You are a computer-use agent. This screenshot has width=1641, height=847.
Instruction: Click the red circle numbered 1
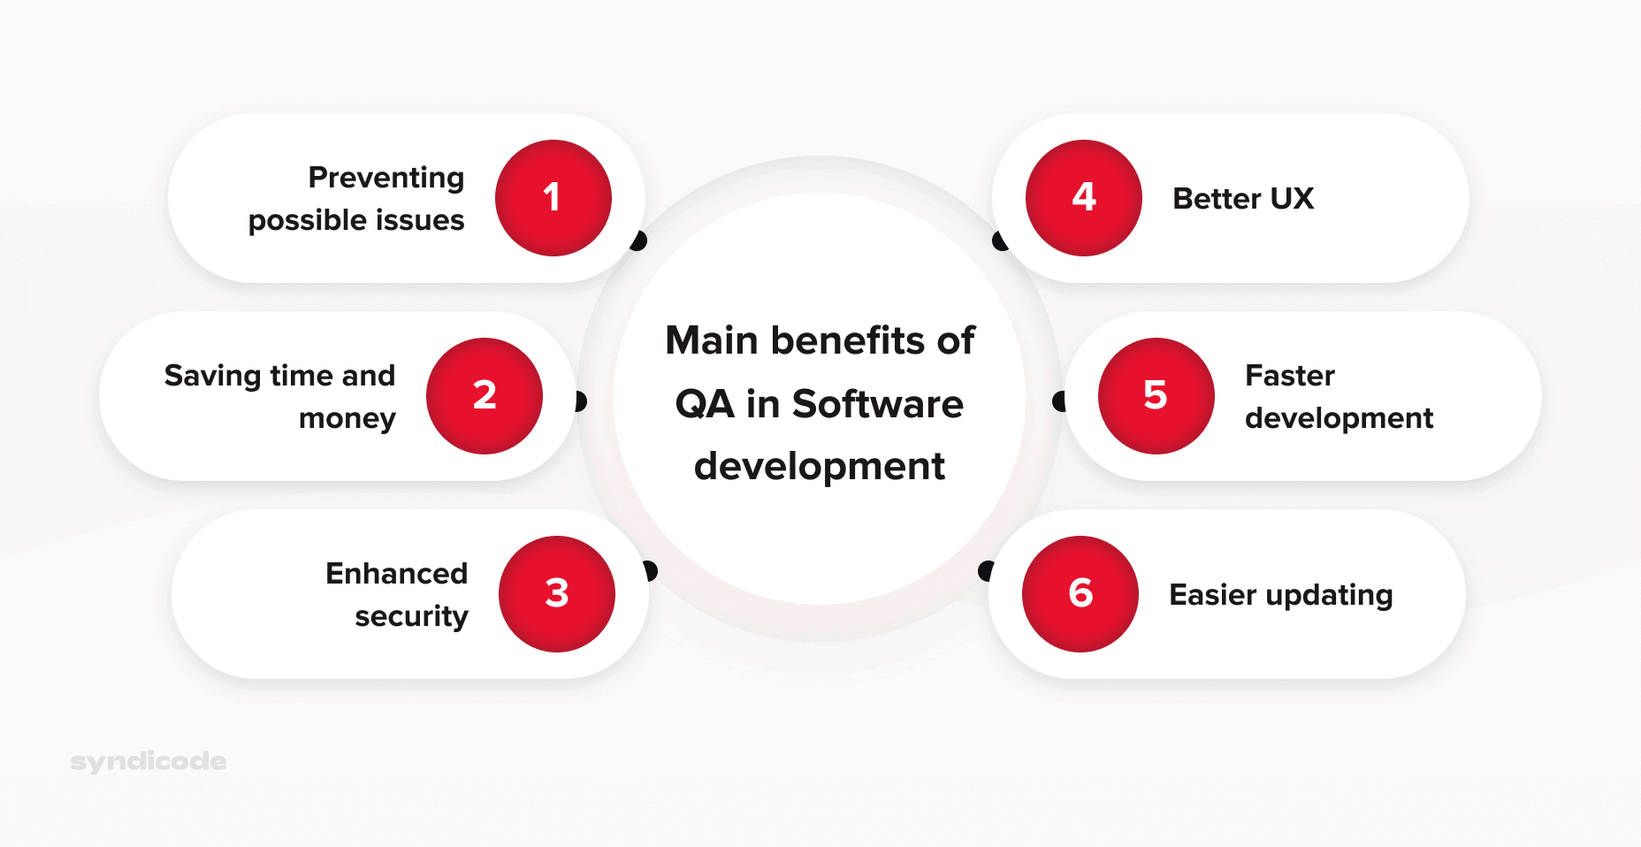pyautogui.click(x=553, y=198)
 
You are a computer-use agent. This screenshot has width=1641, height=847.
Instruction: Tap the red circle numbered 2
pyautogui.click(x=485, y=396)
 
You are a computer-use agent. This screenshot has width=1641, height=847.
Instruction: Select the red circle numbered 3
pyautogui.click(x=557, y=594)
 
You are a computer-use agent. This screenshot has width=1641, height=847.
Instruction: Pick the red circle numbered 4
pyautogui.click(x=1084, y=198)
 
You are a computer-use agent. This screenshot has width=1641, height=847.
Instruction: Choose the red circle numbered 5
pyautogui.click(x=1156, y=396)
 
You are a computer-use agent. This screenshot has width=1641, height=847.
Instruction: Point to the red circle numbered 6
pyautogui.click(x=1080, y=594)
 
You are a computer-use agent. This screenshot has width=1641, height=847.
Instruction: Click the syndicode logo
pyautogui.click(x=149, y=761)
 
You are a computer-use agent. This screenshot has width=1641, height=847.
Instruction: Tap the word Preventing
pyautogui.click(x=386, y=178)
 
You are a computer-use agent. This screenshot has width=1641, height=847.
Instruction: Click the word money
pyautogui.click(x=347, y=418)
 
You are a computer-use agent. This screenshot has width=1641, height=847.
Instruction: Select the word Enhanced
pyautogui.click(x=396, y=574)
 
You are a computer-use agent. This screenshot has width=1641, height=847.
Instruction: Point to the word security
pyautogui.click(x=411, y=616)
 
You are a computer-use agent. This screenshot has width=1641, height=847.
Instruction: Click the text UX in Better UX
pyautogui.click(x=1292, y=199)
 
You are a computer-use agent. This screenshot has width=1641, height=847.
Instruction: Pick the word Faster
pyautogui.click(x=1289, y=376)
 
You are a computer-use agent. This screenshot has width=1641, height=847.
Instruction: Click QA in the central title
pyautogui.click(x=704, y=404)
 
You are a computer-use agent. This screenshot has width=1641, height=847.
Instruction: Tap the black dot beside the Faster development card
pyautogui.click(x=1059, y=401)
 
